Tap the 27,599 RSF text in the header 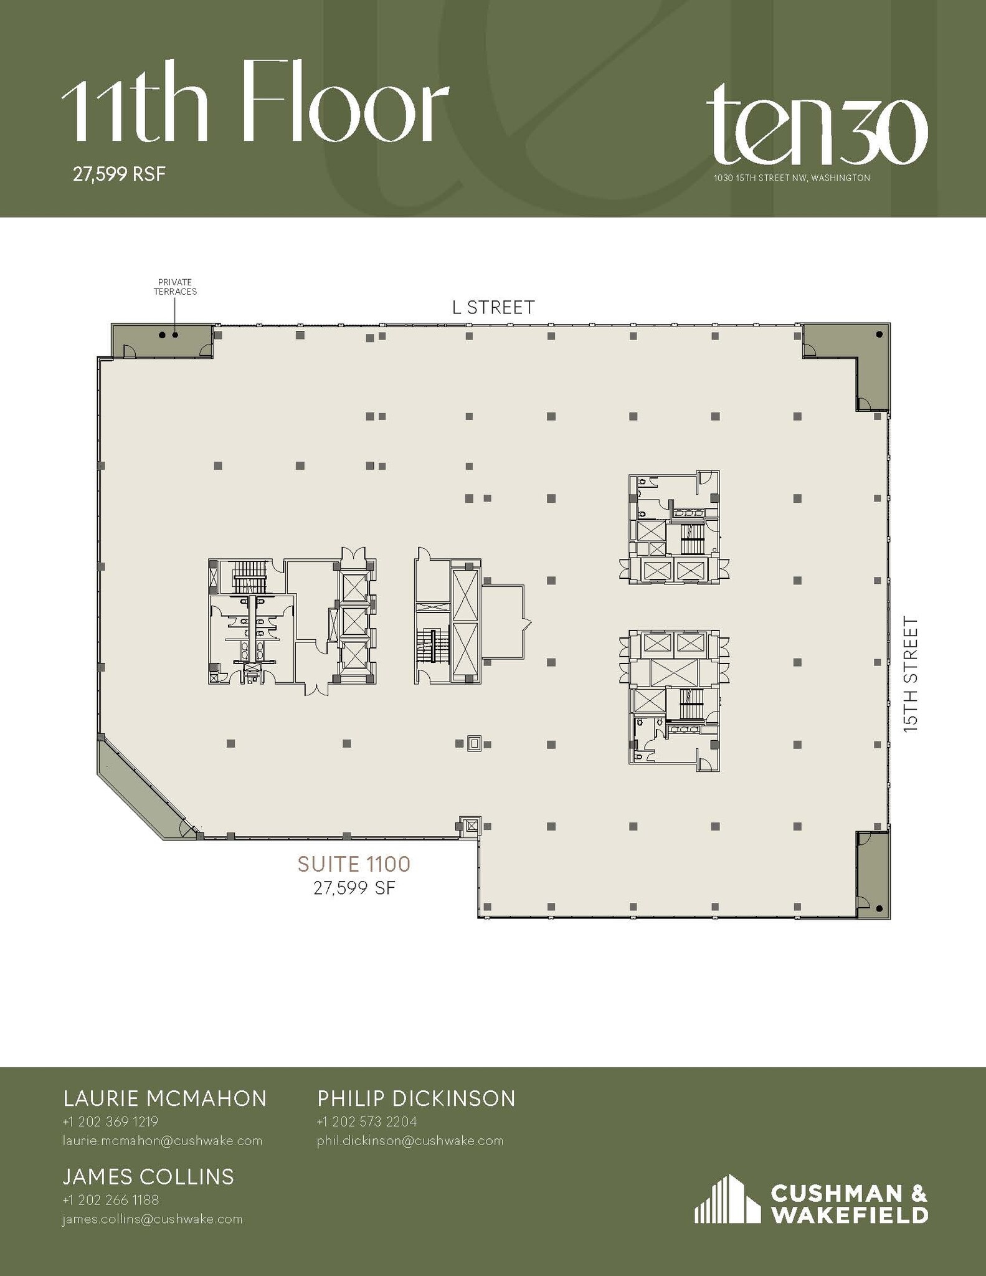(119, 174)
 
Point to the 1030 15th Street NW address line (791, 178)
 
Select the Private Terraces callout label (175, 287)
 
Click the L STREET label (493, 307)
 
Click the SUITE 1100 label (354, 864)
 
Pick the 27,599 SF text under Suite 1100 (354, 888)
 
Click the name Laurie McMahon (165, 1098)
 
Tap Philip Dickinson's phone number (366, 1121)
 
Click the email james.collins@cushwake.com (152, 1219)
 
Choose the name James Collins (148, 1176)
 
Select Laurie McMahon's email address (162, 1141)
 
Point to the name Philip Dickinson (416, 1098)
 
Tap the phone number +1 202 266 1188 (111, 1199)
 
